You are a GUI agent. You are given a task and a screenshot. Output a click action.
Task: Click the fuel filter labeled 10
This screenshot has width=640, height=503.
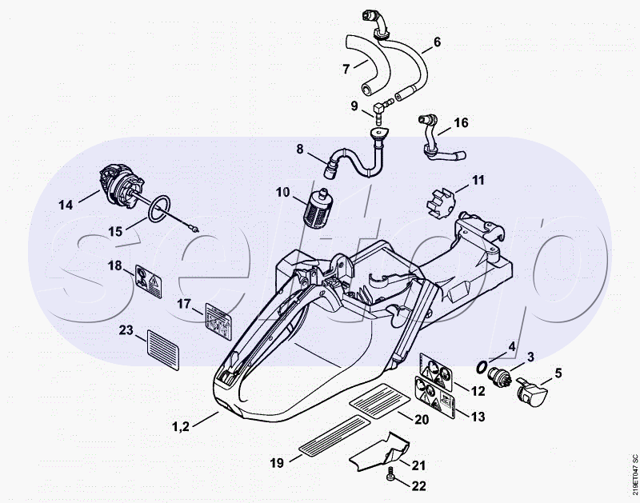click(318, 208)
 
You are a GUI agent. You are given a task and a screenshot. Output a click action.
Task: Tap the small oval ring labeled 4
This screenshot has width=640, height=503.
click(482, 368)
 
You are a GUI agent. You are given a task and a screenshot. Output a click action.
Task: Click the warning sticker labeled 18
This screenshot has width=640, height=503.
click(148, 281)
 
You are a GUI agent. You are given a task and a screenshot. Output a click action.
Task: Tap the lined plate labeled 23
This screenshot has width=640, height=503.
click(162, 349)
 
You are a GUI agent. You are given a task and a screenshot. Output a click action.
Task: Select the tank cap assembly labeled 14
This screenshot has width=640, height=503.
click(122, 186)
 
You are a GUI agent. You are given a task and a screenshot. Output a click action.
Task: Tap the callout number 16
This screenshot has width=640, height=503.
click(461, 122)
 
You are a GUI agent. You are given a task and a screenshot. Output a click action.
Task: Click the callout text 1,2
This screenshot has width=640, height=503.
click(181, 426)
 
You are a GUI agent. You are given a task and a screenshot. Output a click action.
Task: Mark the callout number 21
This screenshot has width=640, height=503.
click(418, 465)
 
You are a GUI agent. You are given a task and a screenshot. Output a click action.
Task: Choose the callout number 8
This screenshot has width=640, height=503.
click(300, 150)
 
